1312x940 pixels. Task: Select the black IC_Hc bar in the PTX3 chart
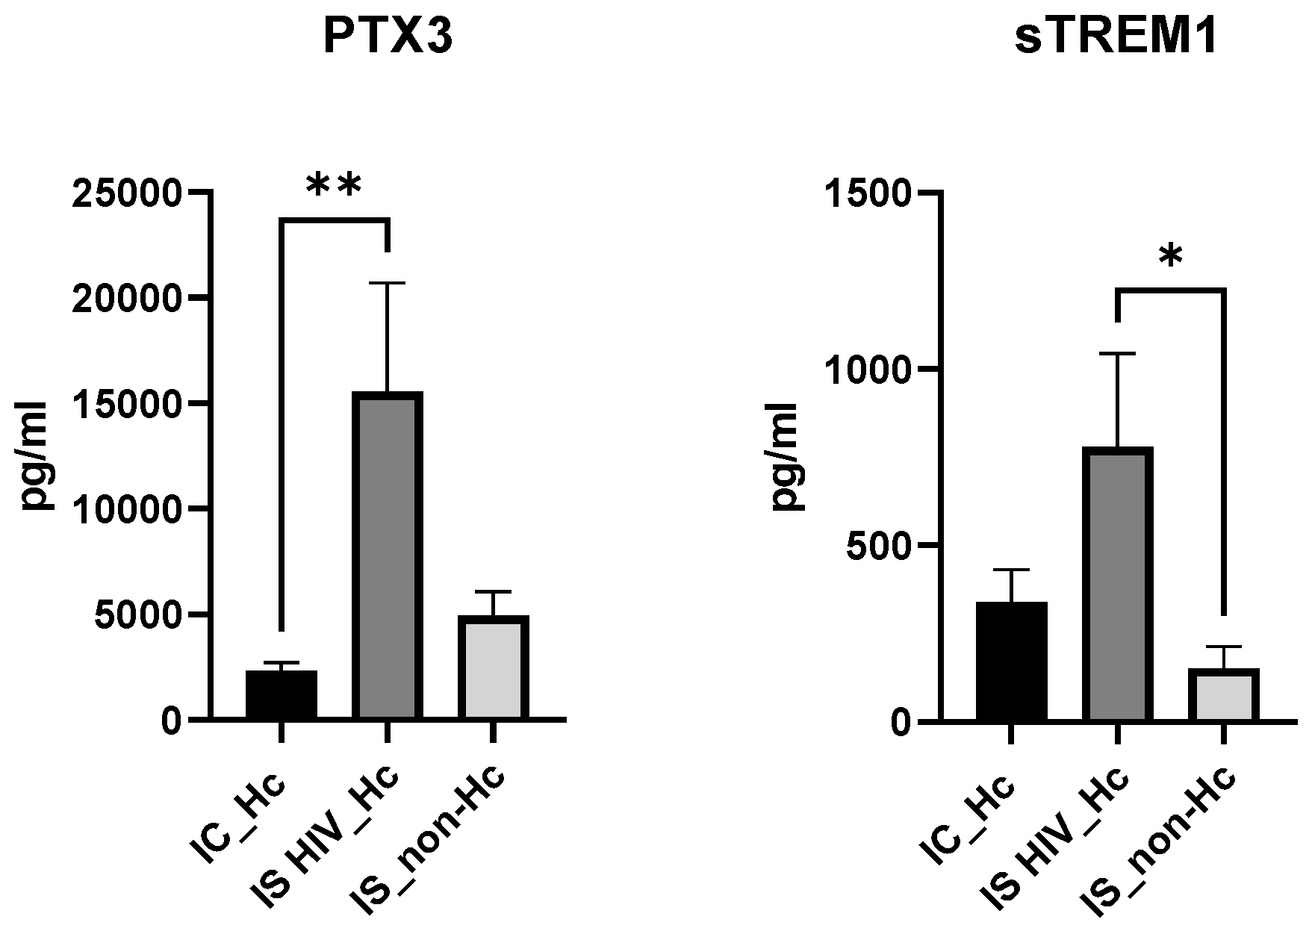(282, 695)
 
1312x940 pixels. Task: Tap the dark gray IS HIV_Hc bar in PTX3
(388, 555)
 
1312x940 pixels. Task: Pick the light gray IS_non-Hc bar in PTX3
(494, 667)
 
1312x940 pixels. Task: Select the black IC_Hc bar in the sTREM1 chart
(1011, 662)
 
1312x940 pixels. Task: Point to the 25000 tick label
(126, 194)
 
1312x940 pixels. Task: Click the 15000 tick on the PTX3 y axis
(126, 405)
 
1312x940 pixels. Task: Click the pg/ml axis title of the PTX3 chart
(34, 456)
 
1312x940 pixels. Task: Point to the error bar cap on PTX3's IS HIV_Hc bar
(388, 284)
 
